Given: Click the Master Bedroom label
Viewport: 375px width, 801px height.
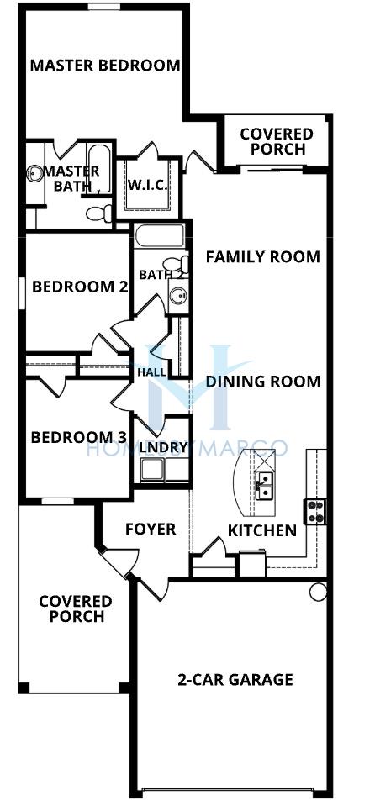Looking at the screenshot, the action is [105, 66].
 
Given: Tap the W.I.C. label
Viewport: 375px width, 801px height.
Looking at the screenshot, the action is [148, 184].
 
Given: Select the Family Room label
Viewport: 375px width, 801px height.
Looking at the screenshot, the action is [262, 256].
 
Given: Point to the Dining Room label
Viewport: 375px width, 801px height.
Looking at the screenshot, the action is [262, 382].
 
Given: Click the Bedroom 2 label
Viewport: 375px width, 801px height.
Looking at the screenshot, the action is [80, 287].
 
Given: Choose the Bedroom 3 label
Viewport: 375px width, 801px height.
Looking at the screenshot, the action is [79, 437].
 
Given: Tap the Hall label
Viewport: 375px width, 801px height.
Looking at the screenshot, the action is [151, 372].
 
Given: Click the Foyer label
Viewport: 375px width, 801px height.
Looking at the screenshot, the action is [151, 530].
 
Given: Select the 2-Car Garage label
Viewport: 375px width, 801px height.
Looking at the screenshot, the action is [235, 679].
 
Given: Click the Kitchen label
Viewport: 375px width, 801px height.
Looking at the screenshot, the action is [262, 530].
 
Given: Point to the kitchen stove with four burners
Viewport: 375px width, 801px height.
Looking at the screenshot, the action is [315, 511].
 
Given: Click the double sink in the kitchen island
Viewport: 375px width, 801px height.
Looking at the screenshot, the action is [265, 487].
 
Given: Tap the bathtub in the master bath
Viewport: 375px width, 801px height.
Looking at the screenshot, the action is [98, 169].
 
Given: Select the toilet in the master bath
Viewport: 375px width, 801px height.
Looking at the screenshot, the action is [99, 213].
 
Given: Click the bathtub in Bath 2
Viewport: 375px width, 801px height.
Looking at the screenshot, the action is [160, 236].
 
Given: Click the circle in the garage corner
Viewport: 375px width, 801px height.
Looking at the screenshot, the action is [318, 592].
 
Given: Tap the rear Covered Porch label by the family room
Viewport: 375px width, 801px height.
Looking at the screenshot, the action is [277, 141].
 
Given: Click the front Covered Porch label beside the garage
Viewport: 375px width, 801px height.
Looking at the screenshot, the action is [77, 609].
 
